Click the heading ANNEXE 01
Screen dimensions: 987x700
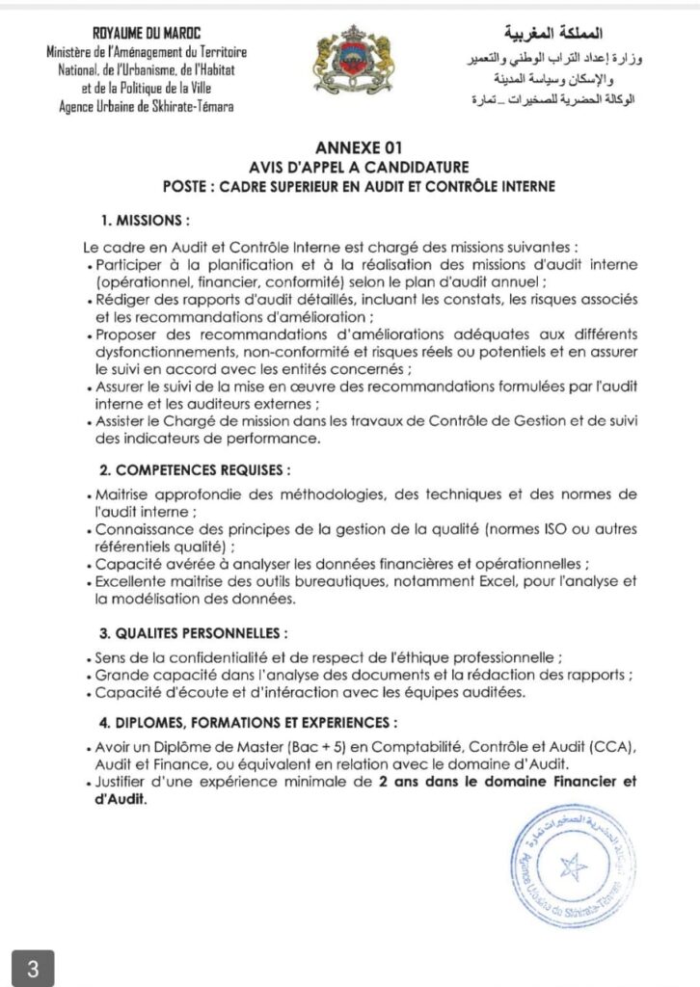coord(350,149)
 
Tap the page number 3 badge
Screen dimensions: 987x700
coord(33,967)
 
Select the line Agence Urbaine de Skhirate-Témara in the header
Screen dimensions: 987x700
coord(146,105)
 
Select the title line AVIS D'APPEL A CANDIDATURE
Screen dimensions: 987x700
coord(350,167)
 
